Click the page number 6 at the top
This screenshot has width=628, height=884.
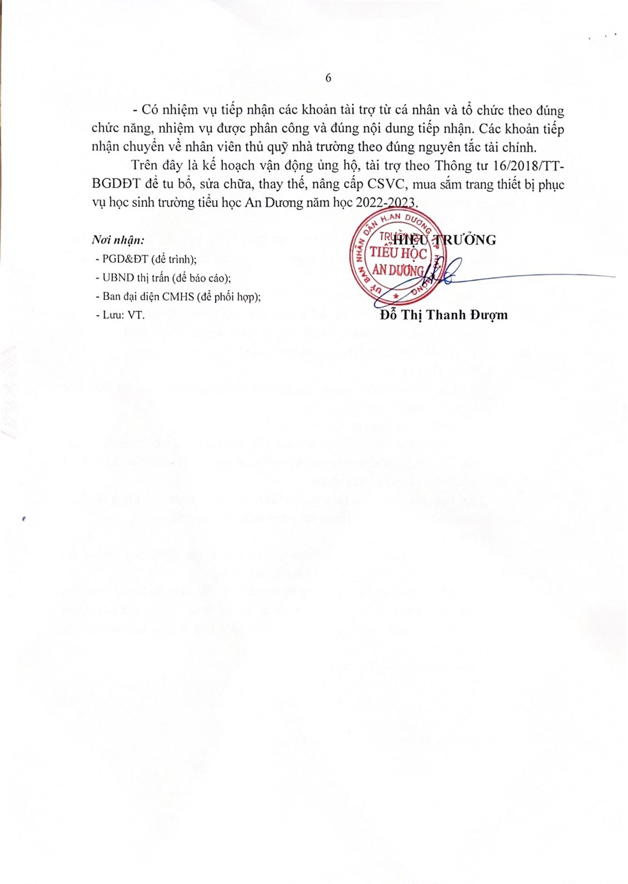click(x=328, y=78)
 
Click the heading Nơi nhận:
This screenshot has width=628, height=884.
click(x=118, y=241)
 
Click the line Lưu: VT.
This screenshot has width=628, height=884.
click(x=123, y=315)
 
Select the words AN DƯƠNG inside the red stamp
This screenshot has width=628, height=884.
click(x=397, y=271)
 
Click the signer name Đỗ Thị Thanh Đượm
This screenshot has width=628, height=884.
click(x=444, y=315)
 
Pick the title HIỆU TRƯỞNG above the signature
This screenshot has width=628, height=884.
click(x=445, y=240)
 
